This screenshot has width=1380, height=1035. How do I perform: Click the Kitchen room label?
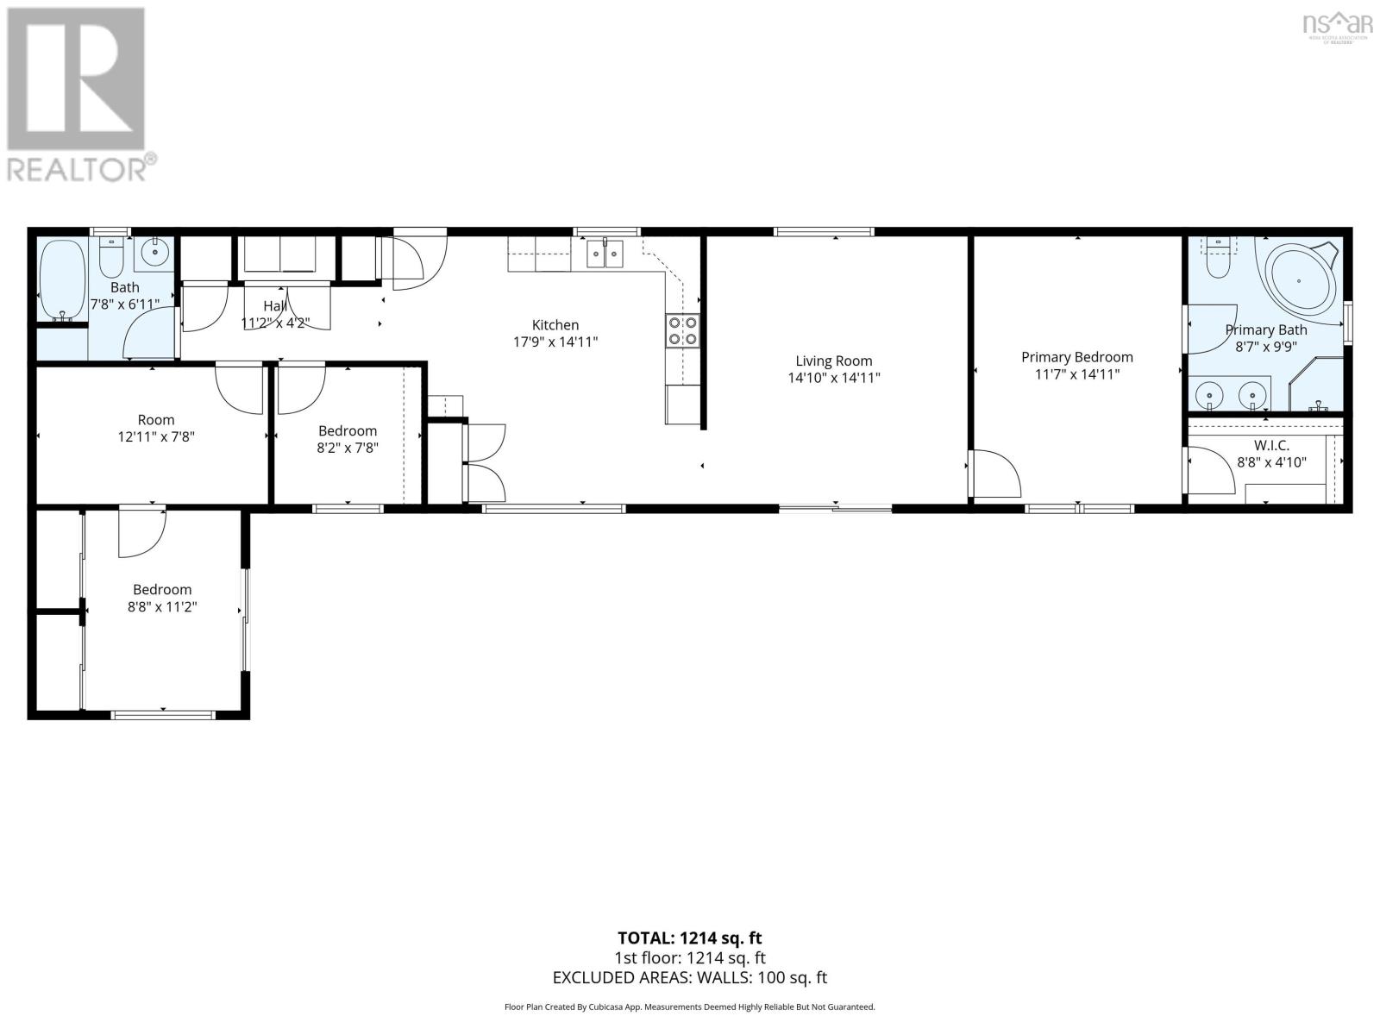(x=555, y=325)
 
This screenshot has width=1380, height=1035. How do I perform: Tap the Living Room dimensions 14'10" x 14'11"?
(x=833, y=378)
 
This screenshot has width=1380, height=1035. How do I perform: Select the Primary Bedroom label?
(x=1076, y=357)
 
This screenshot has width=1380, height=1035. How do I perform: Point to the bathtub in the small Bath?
(x=62, y=280)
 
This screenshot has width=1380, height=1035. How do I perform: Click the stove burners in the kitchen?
(x=681, y=331)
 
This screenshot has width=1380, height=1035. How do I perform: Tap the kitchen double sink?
(x=605, y=254)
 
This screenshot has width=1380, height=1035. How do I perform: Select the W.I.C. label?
(x=1271, y=445)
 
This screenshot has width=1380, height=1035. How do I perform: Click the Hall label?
(x=275, y=306)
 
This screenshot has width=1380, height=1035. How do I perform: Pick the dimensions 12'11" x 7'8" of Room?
(x=156, y=437)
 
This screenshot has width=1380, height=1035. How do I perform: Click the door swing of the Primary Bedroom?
(x=996, y=474)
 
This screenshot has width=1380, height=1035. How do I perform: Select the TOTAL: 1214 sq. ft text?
(x=689, y=938)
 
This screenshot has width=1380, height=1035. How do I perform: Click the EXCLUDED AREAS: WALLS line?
(x=689, y=977)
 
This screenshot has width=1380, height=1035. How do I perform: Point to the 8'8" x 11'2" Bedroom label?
(x=162, y=599)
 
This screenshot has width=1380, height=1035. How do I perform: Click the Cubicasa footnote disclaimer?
(x=689, y=1007)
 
